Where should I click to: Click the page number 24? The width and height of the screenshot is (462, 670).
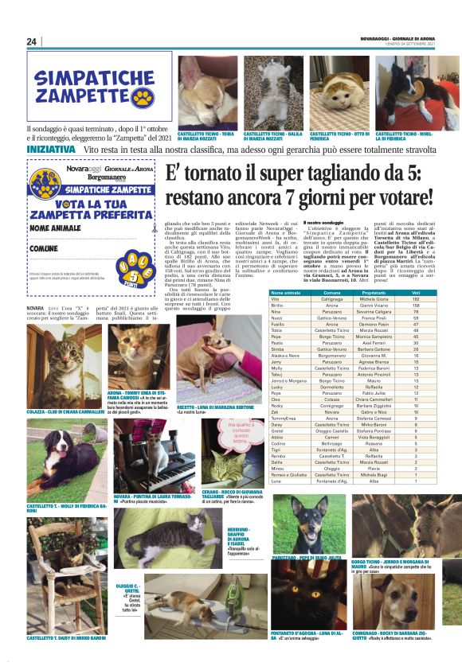click(x=32, y=41)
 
